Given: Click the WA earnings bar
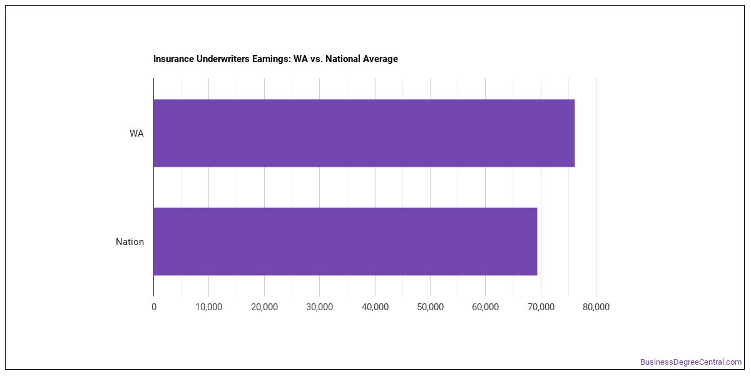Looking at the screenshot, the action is pyautogui.click(x=364, y=133).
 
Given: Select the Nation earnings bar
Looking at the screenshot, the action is pyautogui.click(x=345, y=241).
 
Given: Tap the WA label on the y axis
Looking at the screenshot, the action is pyautogui.click(x=136, y=133).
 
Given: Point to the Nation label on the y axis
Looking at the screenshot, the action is pyautogui.click(x=130, y=242).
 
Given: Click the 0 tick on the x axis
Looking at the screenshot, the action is pyautogui.click(x=154, y=307).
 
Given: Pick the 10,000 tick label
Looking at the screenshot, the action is pyautogui.click(x=209, y=307).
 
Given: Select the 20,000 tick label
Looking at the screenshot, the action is pyautogui.click(x=264, y=307).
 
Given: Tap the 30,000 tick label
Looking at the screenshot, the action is pyautogui.click(x=320, y=307).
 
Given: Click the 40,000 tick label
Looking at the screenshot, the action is pyautogui.click(x=375, y=307).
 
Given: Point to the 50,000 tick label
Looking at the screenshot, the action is pyautogui.click(x=430, y=307).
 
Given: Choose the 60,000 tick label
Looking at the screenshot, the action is pyautogui.click(x=485, y=307).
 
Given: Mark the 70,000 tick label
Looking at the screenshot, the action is pyautogui.click(x=541, y=307).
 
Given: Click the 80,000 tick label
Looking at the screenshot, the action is pyautogui.click(x=596, y=307).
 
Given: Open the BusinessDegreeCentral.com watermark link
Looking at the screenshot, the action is pyautogui.click(x=691, y=362).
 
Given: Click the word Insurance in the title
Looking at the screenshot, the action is pyautogui.click(x=174, y=59).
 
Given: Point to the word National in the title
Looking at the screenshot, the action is pyautogui.click(x=341, y=59).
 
